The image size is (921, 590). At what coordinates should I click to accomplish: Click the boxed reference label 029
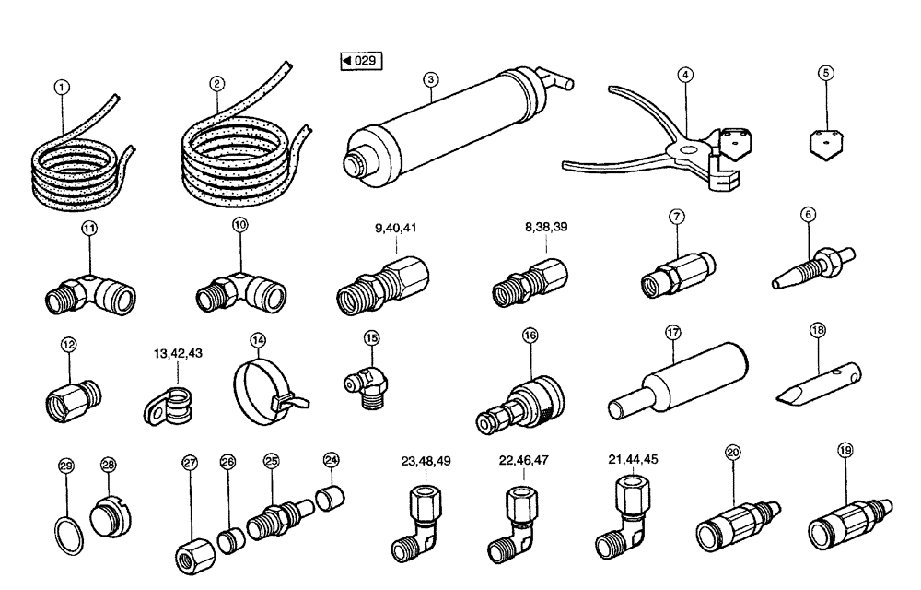tap(360, 62)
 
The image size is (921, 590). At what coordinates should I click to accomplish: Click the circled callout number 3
tap(430, 80)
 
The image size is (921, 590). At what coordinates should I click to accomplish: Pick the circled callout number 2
tap(217, 83)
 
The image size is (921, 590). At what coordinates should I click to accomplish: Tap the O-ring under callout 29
tap(64, 534)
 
